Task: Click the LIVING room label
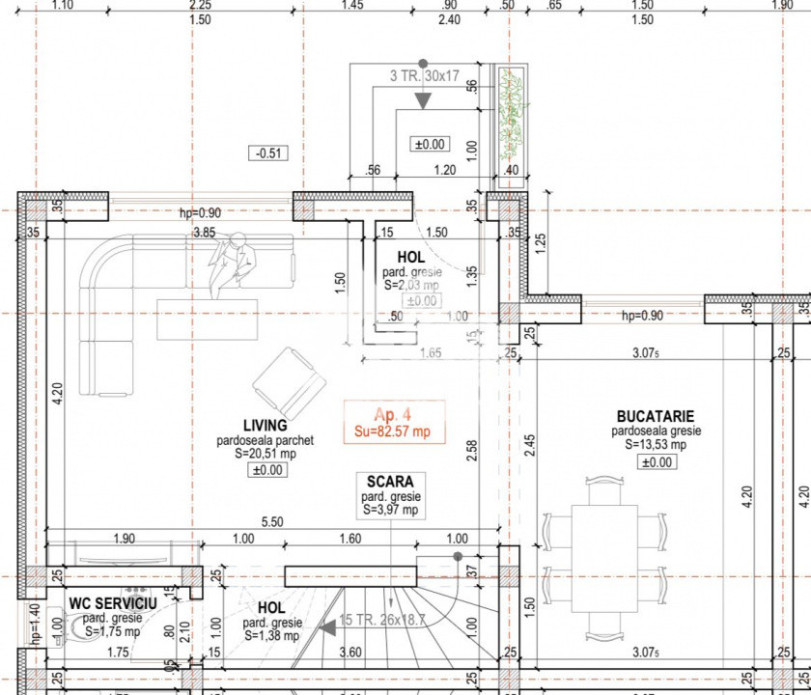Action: pyautogui.click(x=265, y=425)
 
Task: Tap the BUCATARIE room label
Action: pyautogui.click(x=656, y=417)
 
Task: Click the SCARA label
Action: pyautogui.click(x=390, y=481)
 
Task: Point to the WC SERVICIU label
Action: pyautogui.click(x=105, y=603)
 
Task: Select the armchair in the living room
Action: pyautogui.click(x=288, y=384)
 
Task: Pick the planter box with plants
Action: pyautogui.click(x=511, y=115)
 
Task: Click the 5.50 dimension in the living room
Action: pyautogui.click(x=273, y=521)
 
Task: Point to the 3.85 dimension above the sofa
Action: pyautogui.click(x=204, y=233)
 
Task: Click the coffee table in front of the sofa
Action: pyautogui.click(x=208, y=318)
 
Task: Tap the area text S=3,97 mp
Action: pyautogui.click(x=390, y=510)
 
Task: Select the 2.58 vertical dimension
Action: pyautogui.click(x=472, y=452)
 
